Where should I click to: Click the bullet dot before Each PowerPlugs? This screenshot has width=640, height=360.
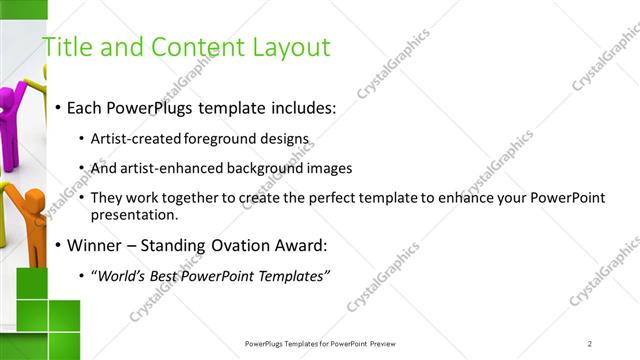59,107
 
